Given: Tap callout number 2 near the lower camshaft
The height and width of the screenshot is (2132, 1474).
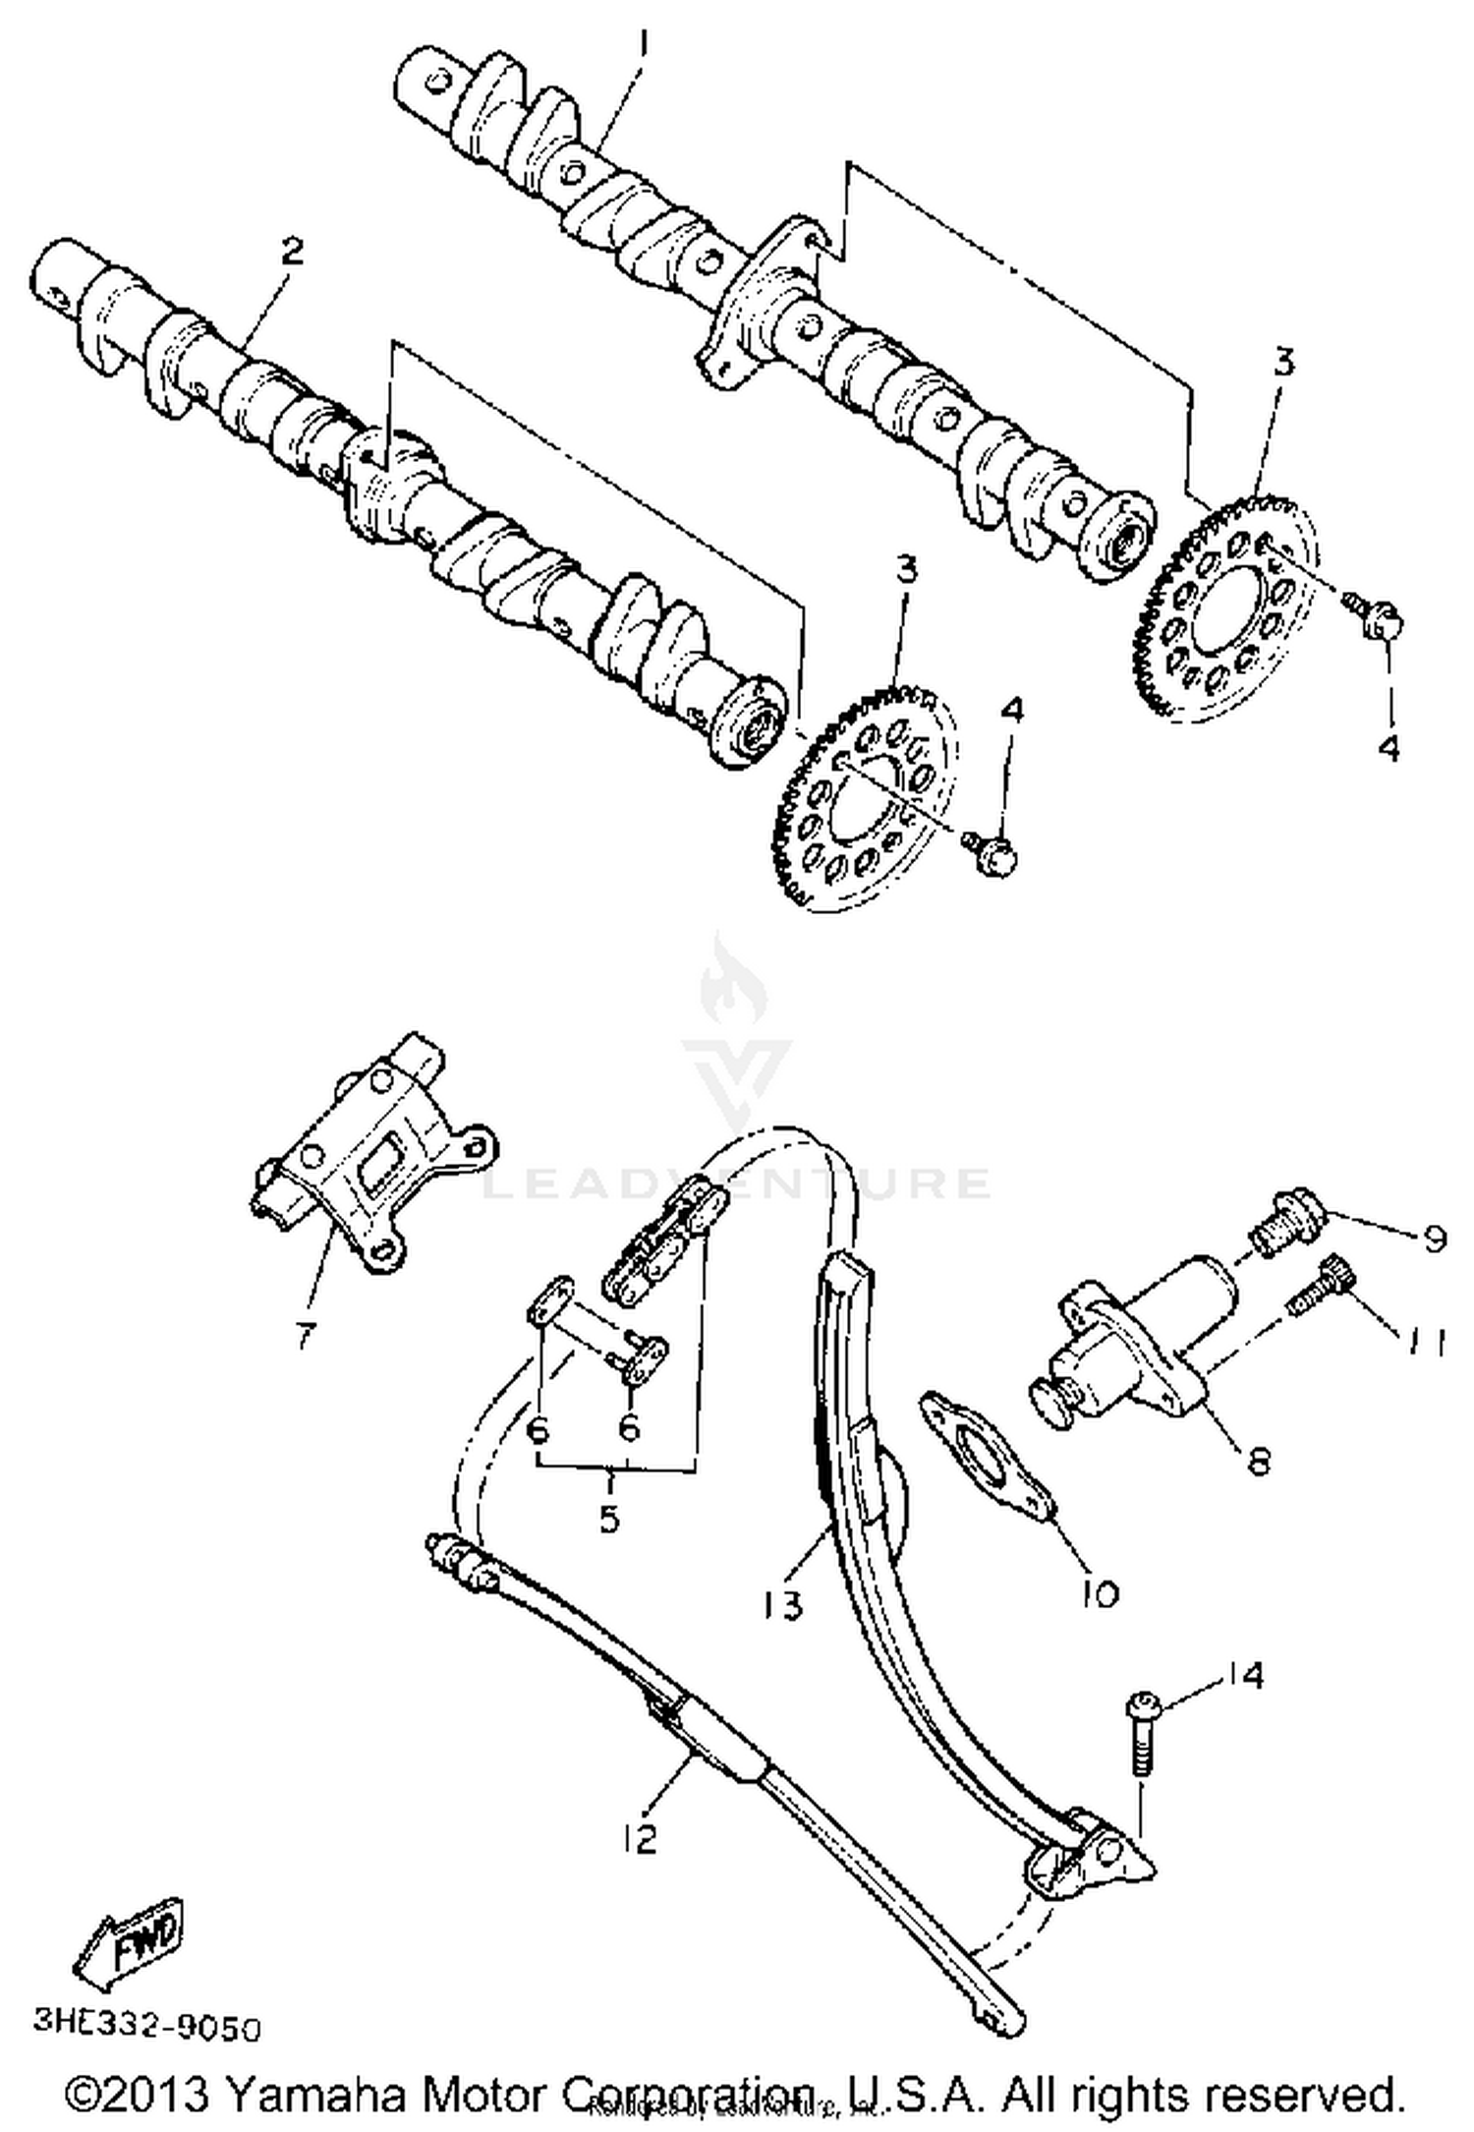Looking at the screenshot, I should [x=291, y=252].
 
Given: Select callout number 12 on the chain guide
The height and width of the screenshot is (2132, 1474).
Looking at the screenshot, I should [x=641, y=1837].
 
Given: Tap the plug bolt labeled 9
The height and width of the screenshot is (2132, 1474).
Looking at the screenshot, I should [x=1288, y=1215].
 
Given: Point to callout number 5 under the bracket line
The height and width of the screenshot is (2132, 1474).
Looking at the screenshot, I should [x=609, y=1518].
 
